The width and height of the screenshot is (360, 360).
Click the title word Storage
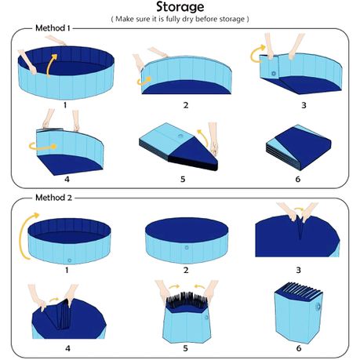coord(180,7)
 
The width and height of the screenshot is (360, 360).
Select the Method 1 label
coord(53,28)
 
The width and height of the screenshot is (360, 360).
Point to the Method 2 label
coord(53,198)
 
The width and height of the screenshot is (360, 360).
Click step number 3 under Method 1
coord(304,105)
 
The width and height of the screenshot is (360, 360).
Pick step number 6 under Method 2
coord(299,348)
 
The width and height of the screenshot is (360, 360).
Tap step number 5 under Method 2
coord(185,348)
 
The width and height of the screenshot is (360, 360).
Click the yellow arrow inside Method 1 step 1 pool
coord(52,65)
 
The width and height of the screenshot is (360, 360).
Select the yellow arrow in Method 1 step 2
coord(144,81)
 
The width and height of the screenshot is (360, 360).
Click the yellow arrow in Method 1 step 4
coord(42,146)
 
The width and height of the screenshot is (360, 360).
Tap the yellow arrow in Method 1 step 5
coord(203,136)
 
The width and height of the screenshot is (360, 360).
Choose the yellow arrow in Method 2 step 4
coord(54,300)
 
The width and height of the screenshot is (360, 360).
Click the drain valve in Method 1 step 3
coord(274,74)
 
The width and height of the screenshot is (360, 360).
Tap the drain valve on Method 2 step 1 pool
coord(69,260)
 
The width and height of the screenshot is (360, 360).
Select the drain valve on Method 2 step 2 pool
coord(187,247)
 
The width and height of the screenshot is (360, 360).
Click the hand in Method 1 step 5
coord(213,139)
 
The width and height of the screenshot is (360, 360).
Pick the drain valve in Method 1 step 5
coord(180,136)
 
